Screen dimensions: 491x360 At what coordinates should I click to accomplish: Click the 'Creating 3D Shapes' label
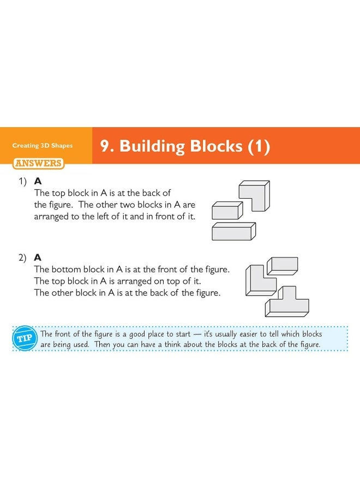[x=43, y=146]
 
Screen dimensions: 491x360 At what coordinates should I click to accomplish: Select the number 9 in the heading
[x=106, y=146]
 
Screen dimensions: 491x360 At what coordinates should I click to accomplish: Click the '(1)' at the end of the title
[x=259, y=146]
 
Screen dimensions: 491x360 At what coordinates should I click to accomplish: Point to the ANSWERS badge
[x=38, y=163]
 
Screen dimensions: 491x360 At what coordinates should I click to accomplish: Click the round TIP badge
[x=24, y=339]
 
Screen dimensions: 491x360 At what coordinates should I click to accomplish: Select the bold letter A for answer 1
[x=38, y=181]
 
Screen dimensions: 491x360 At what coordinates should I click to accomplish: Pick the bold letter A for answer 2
[x=38, y=257]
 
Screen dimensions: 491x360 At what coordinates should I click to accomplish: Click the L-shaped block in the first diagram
[x=255, y=193]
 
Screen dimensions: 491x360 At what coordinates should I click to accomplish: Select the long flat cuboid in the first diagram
[x=233, y=231]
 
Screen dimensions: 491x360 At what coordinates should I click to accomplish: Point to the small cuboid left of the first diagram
[x=226, y=211]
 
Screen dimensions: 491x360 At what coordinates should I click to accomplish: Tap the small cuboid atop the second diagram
[x=282, y=265]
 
